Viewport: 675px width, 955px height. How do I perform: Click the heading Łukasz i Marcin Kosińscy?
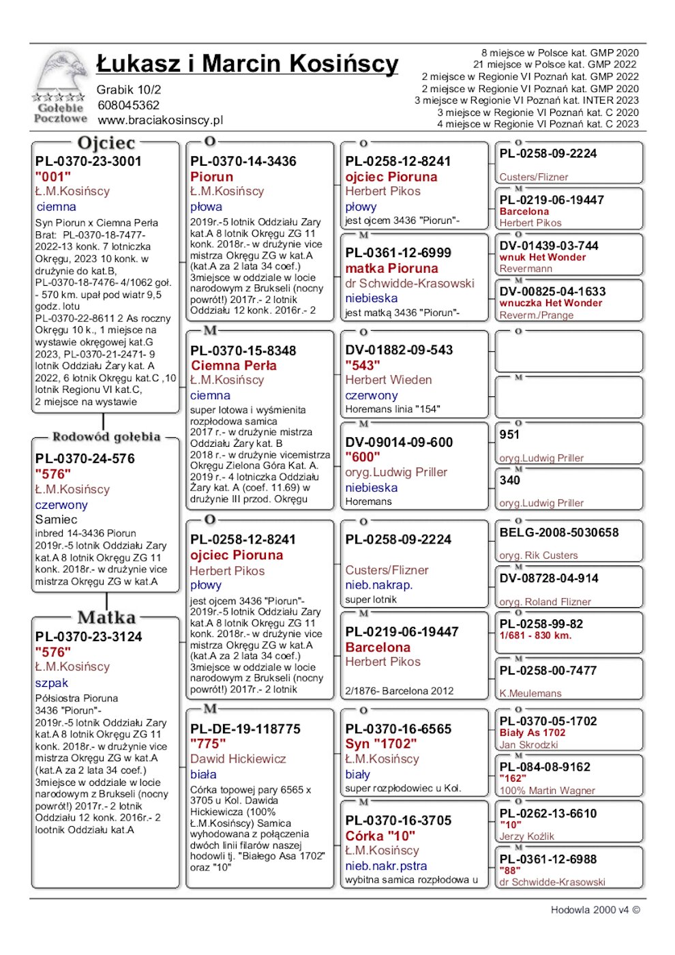[x=247, y=64]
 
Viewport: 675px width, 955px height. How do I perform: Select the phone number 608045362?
[x=128, y=105]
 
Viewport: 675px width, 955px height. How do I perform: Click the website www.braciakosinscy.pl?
[x=160, y=120]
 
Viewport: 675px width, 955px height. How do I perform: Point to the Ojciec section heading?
[x=106, y=143]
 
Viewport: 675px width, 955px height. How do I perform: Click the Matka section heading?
[x=106, y=618]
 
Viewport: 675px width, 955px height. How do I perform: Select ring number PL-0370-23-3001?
[x=89, y=162]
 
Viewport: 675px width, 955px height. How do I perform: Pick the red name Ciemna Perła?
[x=234, y=366]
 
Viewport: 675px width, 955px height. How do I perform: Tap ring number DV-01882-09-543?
[x=399, y=350]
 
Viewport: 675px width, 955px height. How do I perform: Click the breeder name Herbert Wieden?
[x=388, y=380]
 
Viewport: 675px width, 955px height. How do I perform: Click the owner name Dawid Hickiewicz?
[x=238, y=759]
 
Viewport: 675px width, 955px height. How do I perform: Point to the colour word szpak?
[x=52, y=683]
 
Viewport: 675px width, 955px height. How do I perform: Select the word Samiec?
[x=56, y=520]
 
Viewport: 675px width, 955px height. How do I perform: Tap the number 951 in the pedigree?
[x=509, y=435]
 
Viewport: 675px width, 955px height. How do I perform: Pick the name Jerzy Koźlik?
[x=527, y=836]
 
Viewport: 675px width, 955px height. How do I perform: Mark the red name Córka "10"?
[x=380, y=836]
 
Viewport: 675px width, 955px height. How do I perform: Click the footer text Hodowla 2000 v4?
[x=595, y=910]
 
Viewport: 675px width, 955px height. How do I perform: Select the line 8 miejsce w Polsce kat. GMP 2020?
[x=560, y=53]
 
